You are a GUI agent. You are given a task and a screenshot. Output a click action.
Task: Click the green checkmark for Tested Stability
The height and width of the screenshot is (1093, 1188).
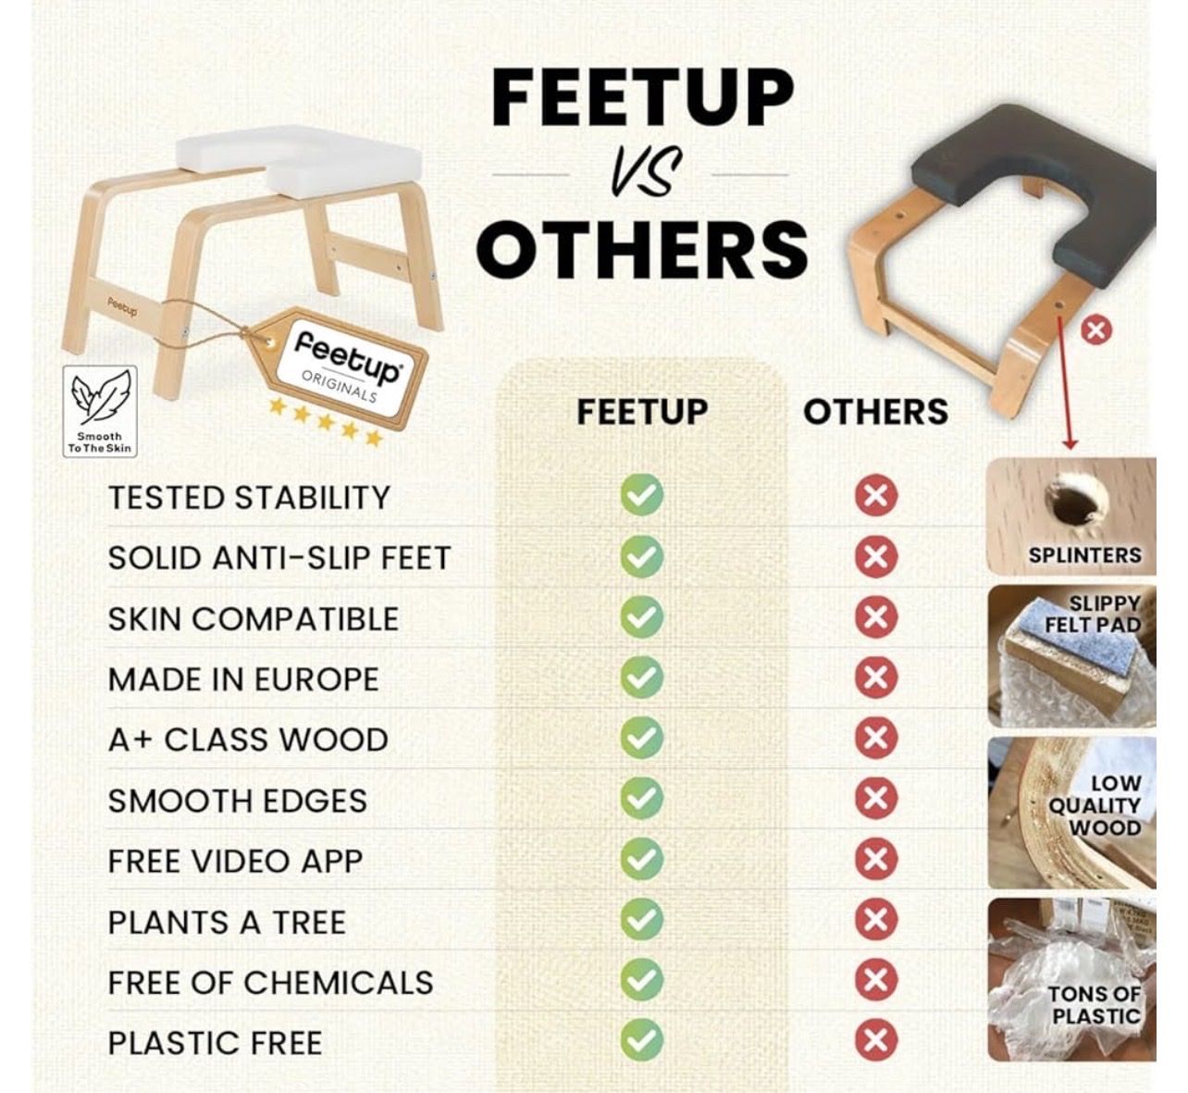pyautogui.click(x=642, y=494)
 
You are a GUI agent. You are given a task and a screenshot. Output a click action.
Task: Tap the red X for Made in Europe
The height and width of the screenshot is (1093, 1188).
pyautogui.click(x=876, y=677)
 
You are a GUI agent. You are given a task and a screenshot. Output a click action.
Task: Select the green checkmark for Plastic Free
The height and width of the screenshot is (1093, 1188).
pyautogui.click(x=642, y=1039)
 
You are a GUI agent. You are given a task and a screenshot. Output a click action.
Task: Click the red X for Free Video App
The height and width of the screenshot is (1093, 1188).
pyautogui.click(x=876, y=859)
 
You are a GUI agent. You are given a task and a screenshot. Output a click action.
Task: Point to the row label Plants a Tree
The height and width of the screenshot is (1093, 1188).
pyautogui.click(x=227, y=923)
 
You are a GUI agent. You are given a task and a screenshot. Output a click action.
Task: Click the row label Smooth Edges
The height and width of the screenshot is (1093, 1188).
pyautogui.click(x=238, y=801)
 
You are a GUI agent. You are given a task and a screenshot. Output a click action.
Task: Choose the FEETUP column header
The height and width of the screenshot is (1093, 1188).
pyautogui.click(x=642, y=412)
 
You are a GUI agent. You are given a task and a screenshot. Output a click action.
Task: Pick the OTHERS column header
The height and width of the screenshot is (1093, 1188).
pyautogui.click(x=875, y=412)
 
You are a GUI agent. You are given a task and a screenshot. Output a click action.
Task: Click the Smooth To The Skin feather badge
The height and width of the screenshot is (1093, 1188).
pyautogui.click(x=100, y=411)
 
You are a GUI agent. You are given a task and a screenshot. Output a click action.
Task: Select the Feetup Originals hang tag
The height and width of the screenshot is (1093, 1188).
pyautogui.click(x=338, y=367)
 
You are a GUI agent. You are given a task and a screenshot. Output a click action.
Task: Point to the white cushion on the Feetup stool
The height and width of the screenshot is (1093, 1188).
pyautogui.click(x=299, y=159)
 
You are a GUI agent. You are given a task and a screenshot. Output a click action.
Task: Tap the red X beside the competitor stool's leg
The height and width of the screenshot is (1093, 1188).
pyautogui.click(x=1096, y=330)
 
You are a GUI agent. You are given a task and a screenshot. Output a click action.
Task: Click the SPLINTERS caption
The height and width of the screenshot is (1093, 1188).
pyautogui.click(x=1084, y=555)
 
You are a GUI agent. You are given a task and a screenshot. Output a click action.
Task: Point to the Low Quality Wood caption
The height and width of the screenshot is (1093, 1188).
pyautogui.click(x=1095, y=805)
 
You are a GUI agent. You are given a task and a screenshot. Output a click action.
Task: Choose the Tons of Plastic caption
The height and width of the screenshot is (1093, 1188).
pyautogui.click(x=1095, y=1005)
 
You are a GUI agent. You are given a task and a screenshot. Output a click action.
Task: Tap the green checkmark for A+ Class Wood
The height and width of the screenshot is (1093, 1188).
pyautogui.click(x=642, y=738)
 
